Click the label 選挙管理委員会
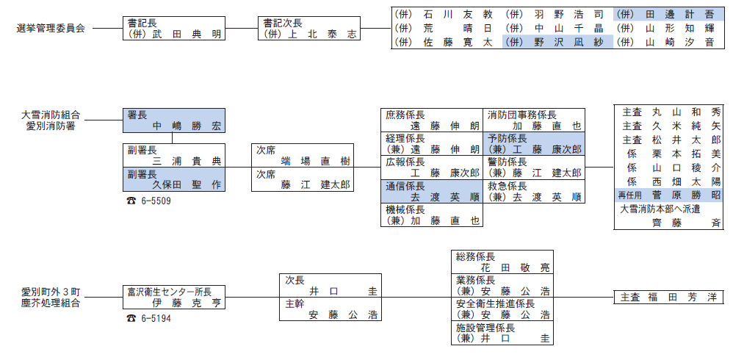point(51,29)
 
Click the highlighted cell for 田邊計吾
point(669,14)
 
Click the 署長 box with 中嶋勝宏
point(173,120)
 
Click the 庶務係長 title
point(406,115)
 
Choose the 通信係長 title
point(406,186)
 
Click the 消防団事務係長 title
point(522,115)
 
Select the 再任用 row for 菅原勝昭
point(668,195)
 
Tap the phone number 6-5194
point(154,318)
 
